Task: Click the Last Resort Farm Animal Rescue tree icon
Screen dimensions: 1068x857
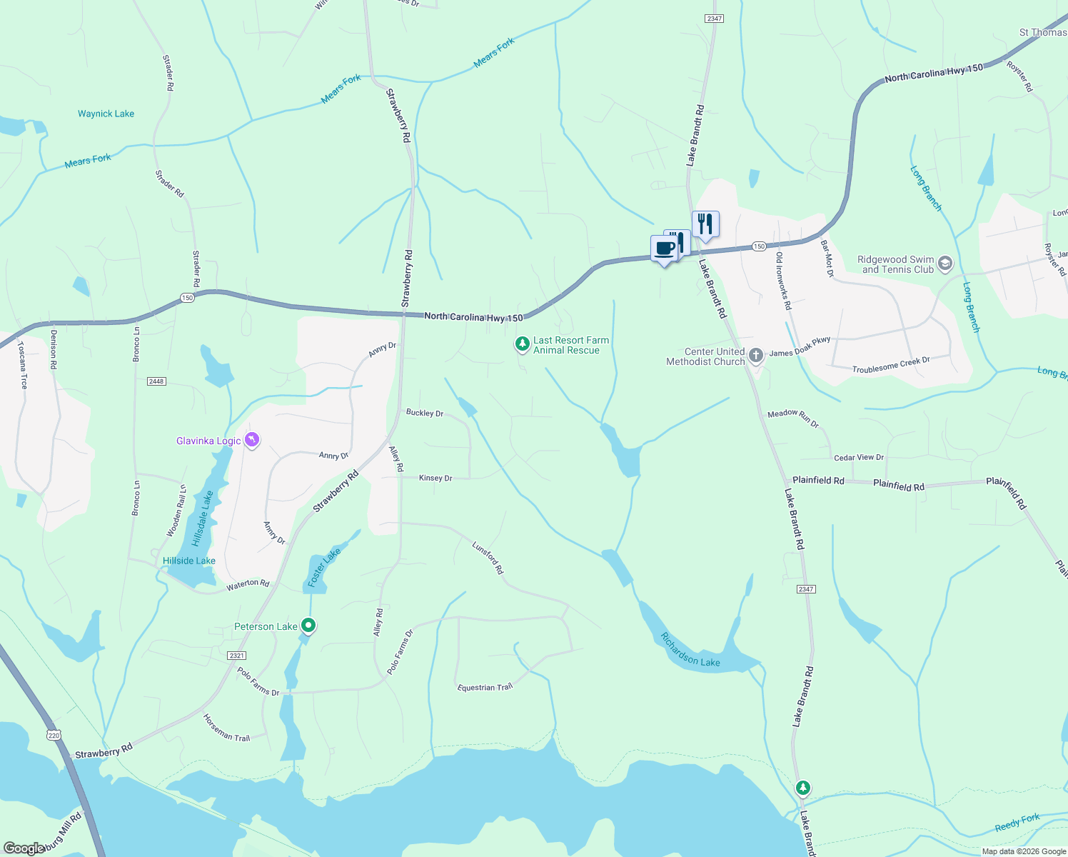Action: [x=523, y=345]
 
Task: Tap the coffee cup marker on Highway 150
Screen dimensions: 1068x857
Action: [x=665, y=249]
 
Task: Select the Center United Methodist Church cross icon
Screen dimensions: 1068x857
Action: [x=756, y=356]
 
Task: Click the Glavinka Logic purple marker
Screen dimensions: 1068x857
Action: [x=251, y=440]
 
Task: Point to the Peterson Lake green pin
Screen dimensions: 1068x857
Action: [x=308, y=626]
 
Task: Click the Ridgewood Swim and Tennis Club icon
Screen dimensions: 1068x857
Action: [x=945, y=264]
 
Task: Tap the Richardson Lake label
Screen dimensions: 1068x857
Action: [x=690, y=650]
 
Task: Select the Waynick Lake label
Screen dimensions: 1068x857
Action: [x=106, y=114]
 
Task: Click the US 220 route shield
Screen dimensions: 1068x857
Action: [x=54, y=734]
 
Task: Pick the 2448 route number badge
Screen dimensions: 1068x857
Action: [x=156, y=381]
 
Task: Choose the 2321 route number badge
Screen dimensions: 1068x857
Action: [x=236, y=655]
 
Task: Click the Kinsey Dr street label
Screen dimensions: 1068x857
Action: [x=435, y=478]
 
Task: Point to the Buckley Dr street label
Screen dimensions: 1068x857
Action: [x=425, y=413]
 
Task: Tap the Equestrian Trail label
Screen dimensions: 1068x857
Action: [x=485, y=687]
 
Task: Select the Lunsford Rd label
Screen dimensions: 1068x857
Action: [x=488, y=558]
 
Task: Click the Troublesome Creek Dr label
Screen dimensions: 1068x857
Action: [x=891, y=365]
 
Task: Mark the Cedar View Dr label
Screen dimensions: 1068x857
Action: [x=859, y=457]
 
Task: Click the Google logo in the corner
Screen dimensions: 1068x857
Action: [x=24, y=848]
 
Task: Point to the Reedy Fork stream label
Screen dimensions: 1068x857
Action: [x=1017, y=823]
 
